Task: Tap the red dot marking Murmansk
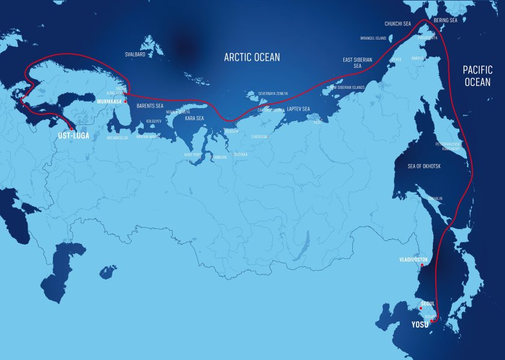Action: [x=125, y=102]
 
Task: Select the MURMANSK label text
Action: [x=109, y=102]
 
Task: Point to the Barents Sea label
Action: [x=150, y=106]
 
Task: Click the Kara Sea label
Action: [x=194, y=118]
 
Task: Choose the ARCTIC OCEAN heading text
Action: [x=252, y=58]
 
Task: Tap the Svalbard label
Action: [x=135, y=54]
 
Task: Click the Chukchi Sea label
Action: [x=397, y=24]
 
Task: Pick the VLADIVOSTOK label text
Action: [x=414, y=260]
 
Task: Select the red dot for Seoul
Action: [x=421, y=308]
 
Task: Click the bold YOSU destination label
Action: [x=420, y=325]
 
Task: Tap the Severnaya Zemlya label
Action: [x=273, y=94]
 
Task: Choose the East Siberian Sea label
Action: [x=358, y=63]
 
